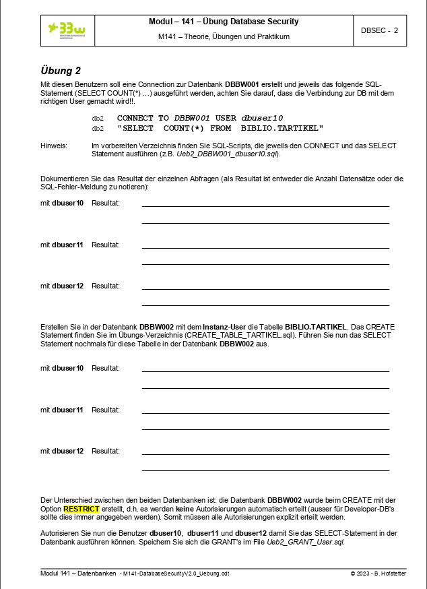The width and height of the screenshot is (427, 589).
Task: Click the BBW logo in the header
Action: click(x=67, y=30)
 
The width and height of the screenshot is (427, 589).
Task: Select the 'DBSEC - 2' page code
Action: click(x=379, y=30)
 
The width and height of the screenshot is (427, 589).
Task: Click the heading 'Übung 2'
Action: click(x=61, y=70)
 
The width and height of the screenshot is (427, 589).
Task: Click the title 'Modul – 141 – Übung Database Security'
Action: click(x=224, y=22)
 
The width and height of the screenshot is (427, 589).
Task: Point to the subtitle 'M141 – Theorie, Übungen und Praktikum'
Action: click(x=224, y=36)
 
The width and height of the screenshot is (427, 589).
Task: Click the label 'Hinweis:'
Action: click(x=54, y=146)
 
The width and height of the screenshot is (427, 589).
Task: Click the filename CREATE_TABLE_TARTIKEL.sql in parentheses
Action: click(x=240, y=335)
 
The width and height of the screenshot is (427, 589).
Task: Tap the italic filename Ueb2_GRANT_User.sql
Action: click(x=306, y=541)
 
